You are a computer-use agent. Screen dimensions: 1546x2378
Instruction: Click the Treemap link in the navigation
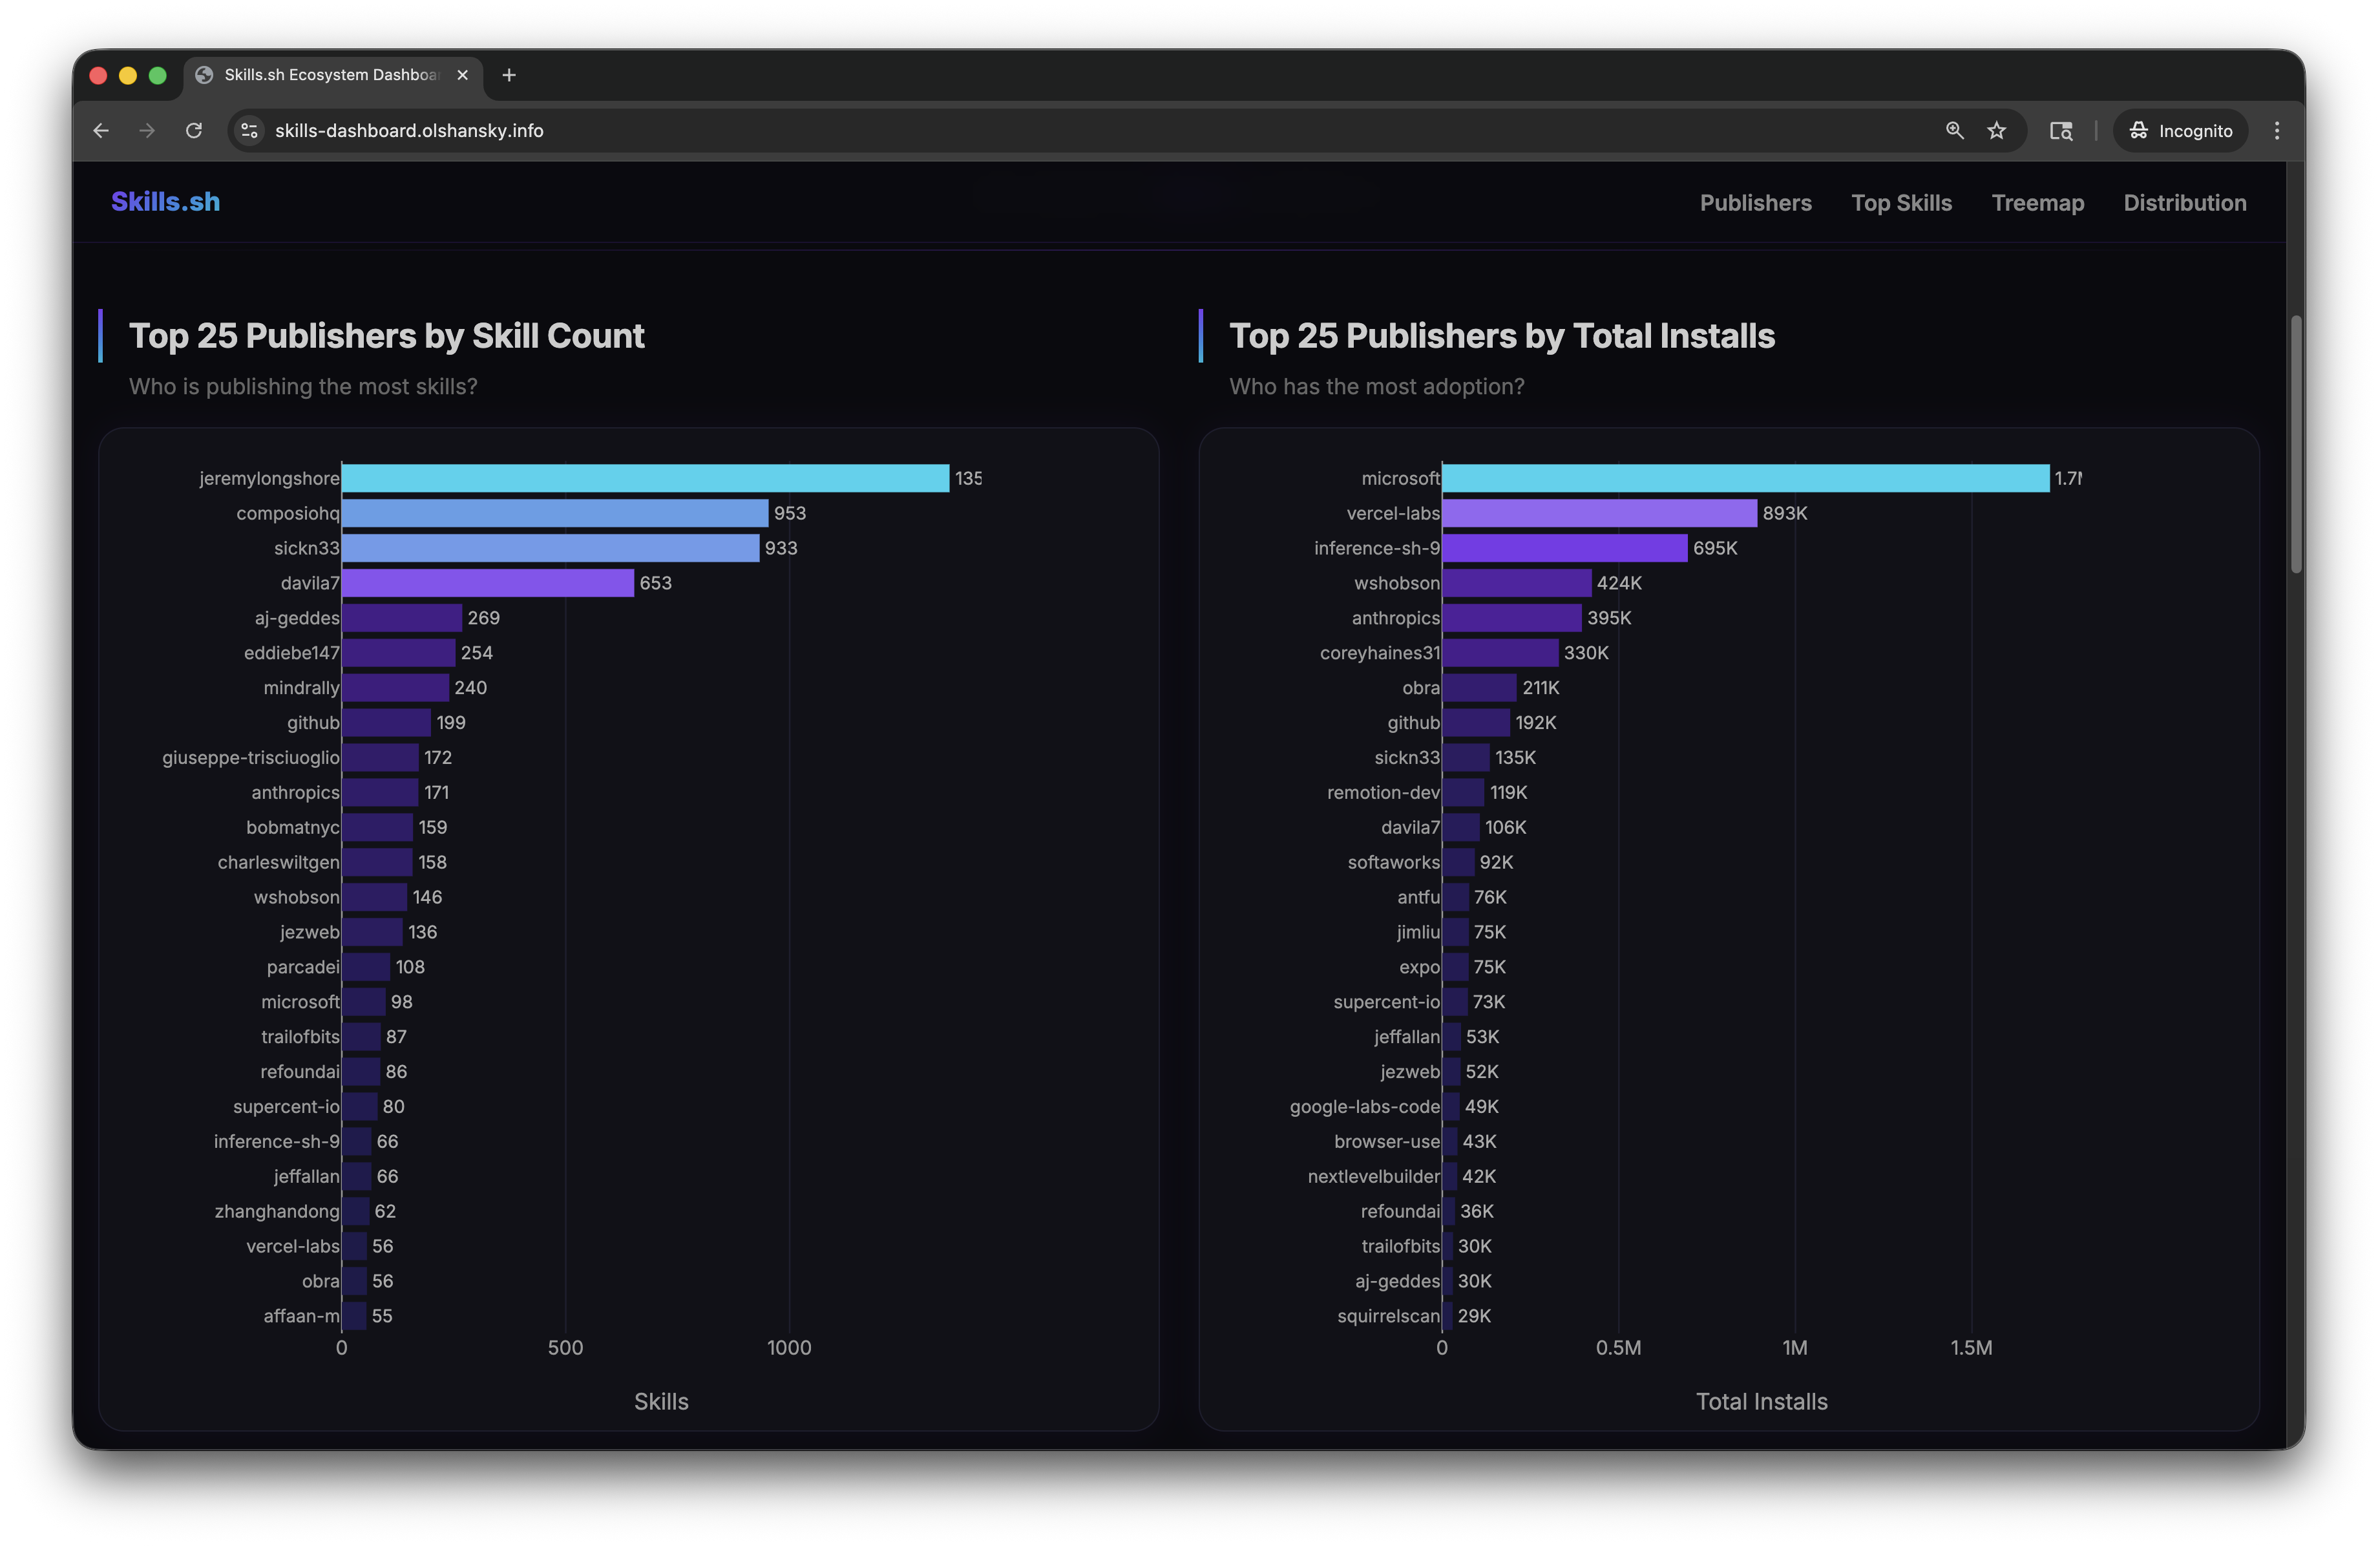pos(2037,203)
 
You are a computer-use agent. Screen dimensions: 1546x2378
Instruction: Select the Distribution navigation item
pos(2184,203)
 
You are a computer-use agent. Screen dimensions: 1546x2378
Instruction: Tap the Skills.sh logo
pos(166,202)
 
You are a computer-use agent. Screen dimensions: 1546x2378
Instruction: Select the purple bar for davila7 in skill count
pos(488,582)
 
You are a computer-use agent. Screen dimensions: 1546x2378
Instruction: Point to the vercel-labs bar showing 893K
pos(1599,513)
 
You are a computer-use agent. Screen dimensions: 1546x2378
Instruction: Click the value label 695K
pos(1714,547)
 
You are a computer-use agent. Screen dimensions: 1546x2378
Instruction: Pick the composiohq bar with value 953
pos(554,513)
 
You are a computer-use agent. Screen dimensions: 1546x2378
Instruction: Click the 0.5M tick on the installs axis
pos(1617,1347)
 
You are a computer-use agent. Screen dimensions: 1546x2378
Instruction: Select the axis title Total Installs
pos(1762,1401)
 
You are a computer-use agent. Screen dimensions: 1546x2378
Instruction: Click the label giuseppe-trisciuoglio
pos(251,757)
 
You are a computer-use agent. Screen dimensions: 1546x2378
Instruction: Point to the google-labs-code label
pos(1364,1107)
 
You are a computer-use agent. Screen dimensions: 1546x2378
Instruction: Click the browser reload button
pos(194,131)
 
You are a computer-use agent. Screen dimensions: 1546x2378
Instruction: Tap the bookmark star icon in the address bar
pos(1996,131)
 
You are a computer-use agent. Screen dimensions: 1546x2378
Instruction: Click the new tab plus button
pos(509,75)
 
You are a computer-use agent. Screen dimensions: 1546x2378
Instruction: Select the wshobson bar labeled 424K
pos(1516,582)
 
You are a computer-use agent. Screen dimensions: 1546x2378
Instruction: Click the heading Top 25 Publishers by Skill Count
pos(386,336)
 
